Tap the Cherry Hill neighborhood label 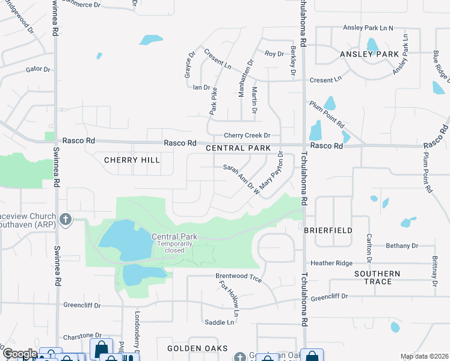pyautogui.click(x=132, y=160)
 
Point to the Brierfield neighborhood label pyautogui.click(x=327, y=230)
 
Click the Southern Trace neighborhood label pyautogui.click(x=377, y=277)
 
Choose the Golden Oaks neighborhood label pyautogui.click(x=197, y=348)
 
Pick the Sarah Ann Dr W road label pyautogui.click(x=241, y=179)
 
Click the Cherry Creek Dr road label pyautogui.click(x=247, y=136)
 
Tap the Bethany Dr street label pyautogui.click(x=402, y=246)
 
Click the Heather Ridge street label pyautogui.click(x=331, y=263)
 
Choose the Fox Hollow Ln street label pyautogui.click(x=229, y=298)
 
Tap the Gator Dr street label pyautogui.click(x=38, y=69)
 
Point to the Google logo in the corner pyautogui.click(x=19, y=354)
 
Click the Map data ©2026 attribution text pyautogui.click(x=424, y=356)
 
